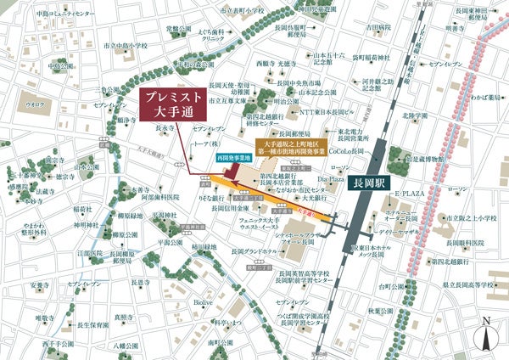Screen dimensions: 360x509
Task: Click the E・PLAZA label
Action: point(411,194)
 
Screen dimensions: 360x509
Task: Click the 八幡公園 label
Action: point(126,346)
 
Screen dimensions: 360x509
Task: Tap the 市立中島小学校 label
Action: point(125,45)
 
